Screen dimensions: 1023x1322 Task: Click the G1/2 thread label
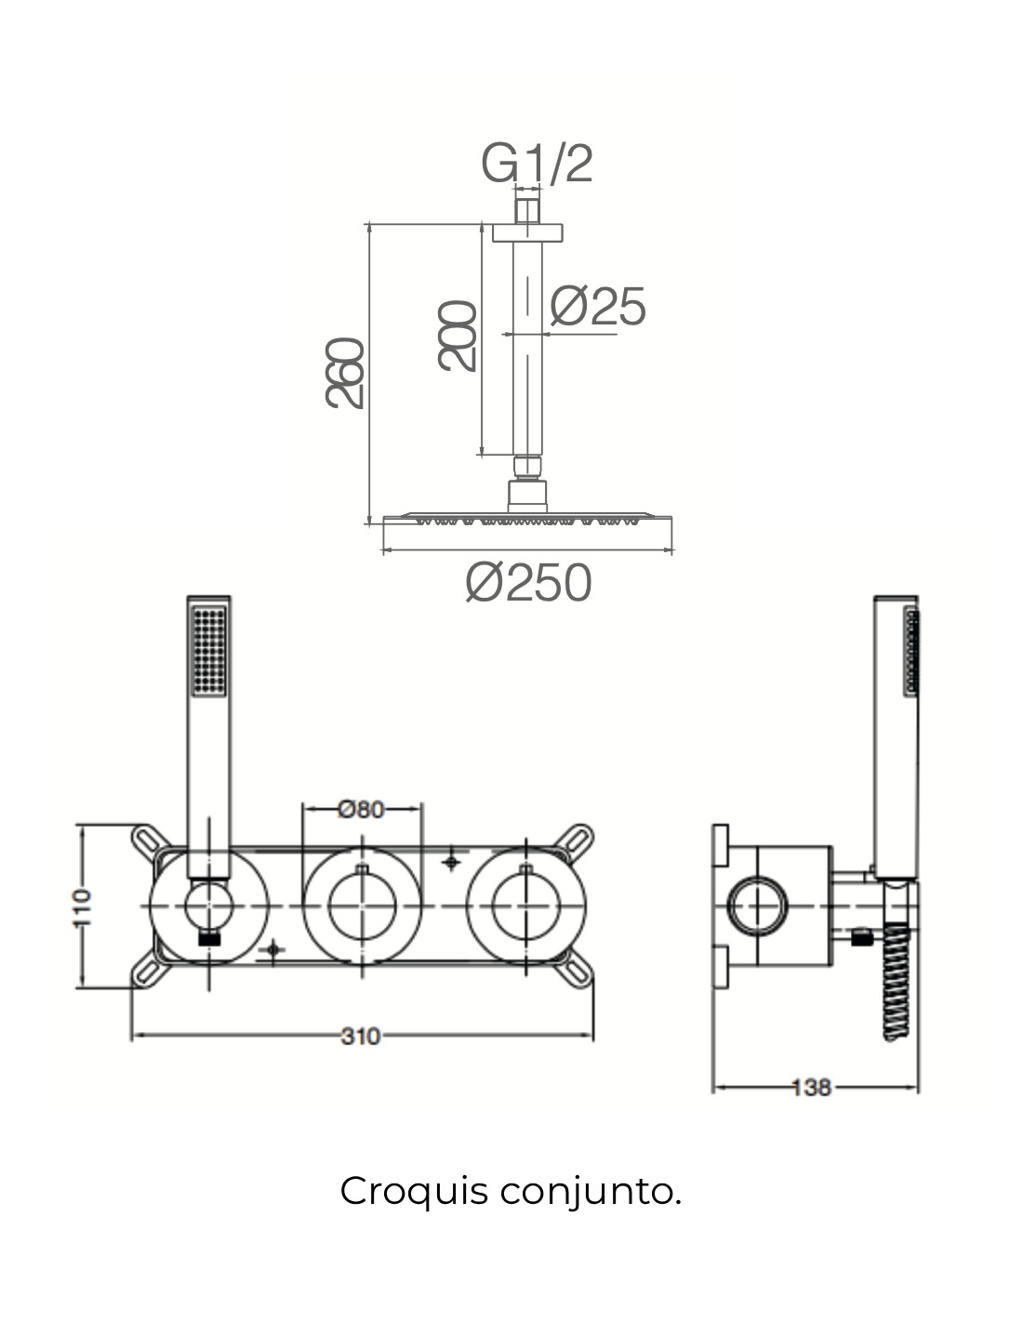tap(537, 163)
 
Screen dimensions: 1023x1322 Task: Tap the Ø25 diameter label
tap(597, 306)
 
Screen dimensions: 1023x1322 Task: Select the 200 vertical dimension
tap(457, 336)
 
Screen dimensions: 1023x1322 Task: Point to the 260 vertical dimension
tap(344, 372)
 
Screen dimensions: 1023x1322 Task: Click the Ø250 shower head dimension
tap(528, 582)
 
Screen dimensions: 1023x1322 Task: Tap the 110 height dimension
tap(83, 907)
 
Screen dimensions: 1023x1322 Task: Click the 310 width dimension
tap(360, 1036)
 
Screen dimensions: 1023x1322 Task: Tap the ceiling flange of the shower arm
tap(527, 233)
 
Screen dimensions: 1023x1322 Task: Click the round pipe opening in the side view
tap(758, 906)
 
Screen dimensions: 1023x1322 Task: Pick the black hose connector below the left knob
tap(209, 939)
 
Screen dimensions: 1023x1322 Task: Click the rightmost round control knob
tap(526, 906)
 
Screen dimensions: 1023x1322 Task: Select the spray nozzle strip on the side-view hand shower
tap(911, 651)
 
